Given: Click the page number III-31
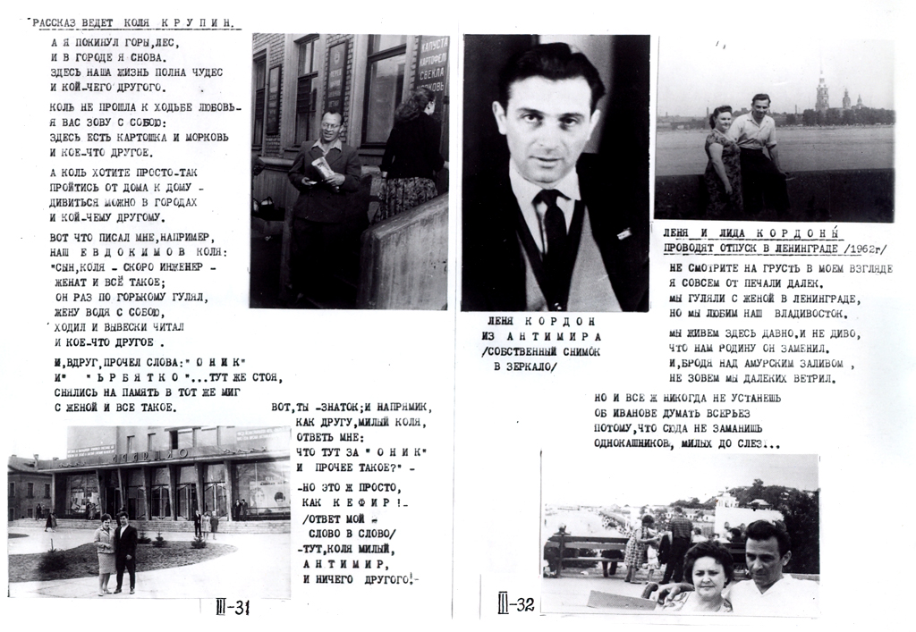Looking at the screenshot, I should (232, 608).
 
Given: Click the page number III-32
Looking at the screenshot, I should (516, 605).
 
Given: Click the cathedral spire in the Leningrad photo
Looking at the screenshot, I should (820, 89).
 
